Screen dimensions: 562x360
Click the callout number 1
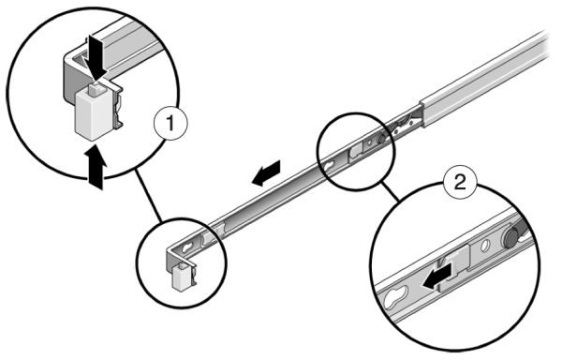pyautogui.click(x=170, y=124)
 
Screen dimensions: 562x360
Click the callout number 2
pyautogui.click(x=460, y=182)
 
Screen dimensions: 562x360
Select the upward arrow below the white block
pyautogui.click(x=96, y=166)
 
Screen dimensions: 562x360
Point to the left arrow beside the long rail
pyautogui.click(x=266, y=173)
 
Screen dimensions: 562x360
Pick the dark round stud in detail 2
pyautogui.click(x=511, y=236)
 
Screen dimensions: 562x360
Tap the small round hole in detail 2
pyautogui.click(x=485, y=246)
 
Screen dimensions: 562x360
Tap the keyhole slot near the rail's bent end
pyautogui.click(x=187, y=247)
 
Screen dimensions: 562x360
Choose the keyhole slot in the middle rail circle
pyautogui.click(x=329, y=166)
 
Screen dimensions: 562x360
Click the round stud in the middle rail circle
pyautogui.click(x=381, y=138)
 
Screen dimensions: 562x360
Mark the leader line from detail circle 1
pyautogui.click(x=148, y=194)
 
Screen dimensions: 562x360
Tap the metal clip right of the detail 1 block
pyautogui.click(x=118, y=106)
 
